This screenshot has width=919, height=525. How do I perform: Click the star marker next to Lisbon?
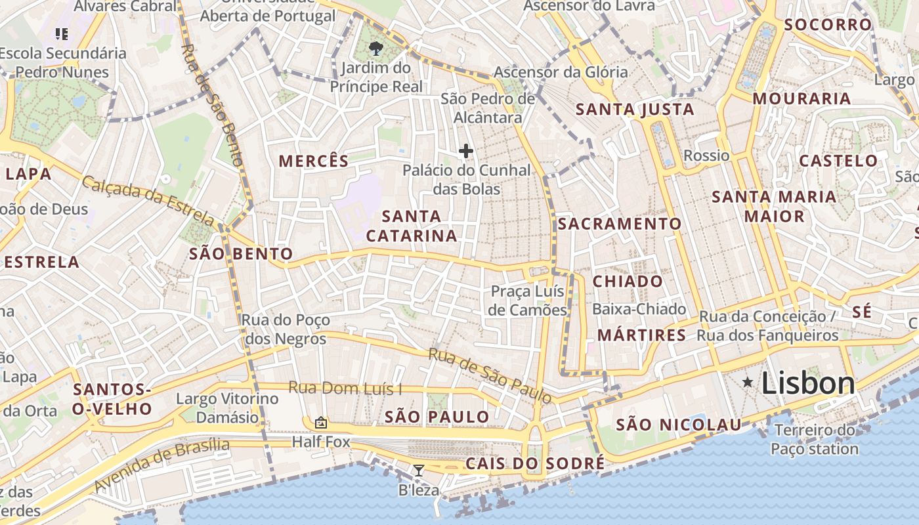pyautogui.click(x=748, y=382)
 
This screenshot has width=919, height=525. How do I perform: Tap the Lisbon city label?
pyautogui.click(x=808, y=383)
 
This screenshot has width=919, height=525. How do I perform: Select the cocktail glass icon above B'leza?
pyautogui.click(x=418, y=470)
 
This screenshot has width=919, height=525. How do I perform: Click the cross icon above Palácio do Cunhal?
pyautogui.click(x=466, y=151)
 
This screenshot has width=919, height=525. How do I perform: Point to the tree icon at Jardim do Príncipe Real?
pyautogui.click(x=376, y=48)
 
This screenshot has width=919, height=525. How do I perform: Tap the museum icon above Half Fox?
pyautogui.click(x=321, y=422)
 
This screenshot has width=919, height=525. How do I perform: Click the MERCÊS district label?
pyautogui.click(x=313, y=161)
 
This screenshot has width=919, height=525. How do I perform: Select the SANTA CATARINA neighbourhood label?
pyautogui.click(x=412, y=226)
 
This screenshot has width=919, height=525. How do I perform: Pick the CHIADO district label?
pyautogui.click(x=628, y=282)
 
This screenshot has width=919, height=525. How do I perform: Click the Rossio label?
pyautogui.click(x=706, y=156)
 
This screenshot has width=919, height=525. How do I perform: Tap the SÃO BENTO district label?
pyautogui.click(x=241, y=254)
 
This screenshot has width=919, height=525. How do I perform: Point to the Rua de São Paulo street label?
pyautogui.click(x=490, y=375)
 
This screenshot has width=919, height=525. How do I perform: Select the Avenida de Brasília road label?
pyautogui.click(x=161, y=466)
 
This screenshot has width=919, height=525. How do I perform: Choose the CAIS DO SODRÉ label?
pyautogui.click(x=535, y=463)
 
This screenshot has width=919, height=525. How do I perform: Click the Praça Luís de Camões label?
pyautogui.click(x=528, y=301)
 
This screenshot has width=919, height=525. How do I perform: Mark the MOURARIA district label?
pyautogui.click(x=801, y=99)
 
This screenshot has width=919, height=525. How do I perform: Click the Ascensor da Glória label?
pyautogui.click(x=561, y=72)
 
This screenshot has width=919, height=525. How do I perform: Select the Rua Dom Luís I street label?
pyautogui.click(x=345, y=388)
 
